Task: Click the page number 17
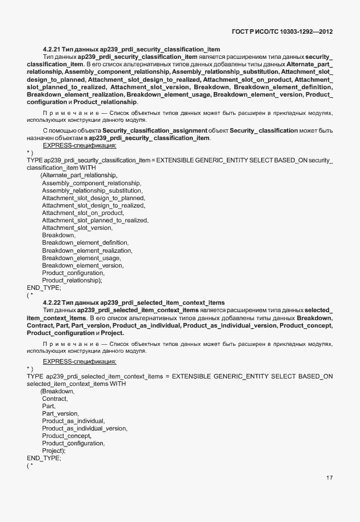[x=329, y=477]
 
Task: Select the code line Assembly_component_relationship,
[x=91, y=183]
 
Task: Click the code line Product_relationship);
[x=72, y=280]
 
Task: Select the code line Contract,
[x=55, y=399]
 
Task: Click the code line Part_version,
[x=61, y=413]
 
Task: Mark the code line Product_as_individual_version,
[x=85, y=428]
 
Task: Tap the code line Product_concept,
[x=67, y=436]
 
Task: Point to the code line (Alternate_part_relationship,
[x=79, y=175]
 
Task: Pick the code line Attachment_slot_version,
[x=77, y=228]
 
